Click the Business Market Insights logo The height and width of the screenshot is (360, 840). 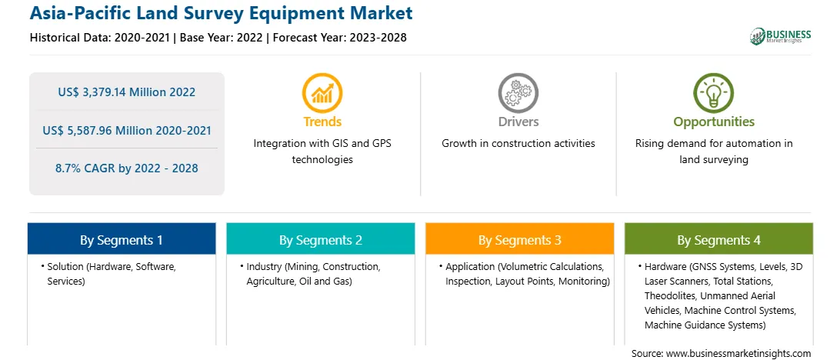click(781, 36)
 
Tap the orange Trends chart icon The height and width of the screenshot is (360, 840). click(322, 94)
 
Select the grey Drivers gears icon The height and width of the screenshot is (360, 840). click(518, 94)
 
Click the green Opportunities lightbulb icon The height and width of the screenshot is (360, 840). click(714, 94)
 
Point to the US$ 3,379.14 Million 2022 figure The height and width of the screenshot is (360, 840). click(126, 92)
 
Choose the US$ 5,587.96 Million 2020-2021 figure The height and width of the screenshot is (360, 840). click(126, 130)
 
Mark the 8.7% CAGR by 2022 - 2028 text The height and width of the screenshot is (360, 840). click(126, 168)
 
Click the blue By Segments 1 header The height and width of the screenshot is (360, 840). click(122, 239)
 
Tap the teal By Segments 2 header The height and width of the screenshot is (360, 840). click(320, 239)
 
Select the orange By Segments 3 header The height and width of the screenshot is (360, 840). click(520, 239)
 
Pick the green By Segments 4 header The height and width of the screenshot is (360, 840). click(719, 239)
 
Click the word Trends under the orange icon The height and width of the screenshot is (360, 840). click(322, 122)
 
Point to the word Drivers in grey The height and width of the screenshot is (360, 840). click(518, 122)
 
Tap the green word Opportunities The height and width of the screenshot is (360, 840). click(714, 122)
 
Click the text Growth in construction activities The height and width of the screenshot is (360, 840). click(518, 144)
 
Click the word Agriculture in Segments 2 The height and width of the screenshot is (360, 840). click(268, 282)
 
